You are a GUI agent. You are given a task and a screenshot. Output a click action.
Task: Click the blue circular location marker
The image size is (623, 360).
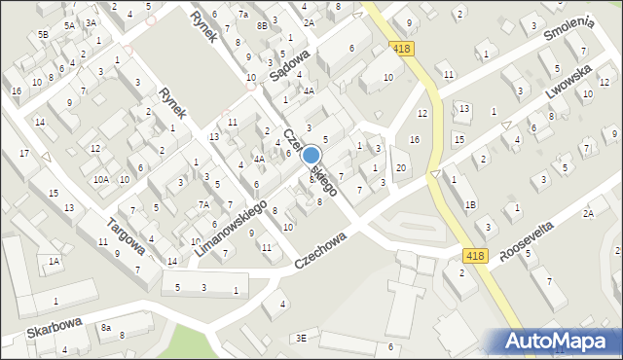[x=311, y=155]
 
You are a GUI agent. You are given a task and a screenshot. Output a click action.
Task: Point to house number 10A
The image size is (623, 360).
[x=101, y=179]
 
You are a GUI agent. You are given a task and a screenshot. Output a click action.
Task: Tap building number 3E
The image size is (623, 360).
[x=302, y=338]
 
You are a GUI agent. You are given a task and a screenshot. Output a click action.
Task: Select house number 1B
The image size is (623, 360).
[x=470, y=204]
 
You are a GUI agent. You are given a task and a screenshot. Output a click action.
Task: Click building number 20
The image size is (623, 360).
[x=401, y=169]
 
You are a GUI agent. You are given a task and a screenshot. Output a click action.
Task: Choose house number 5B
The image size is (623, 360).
[x=43, y=34]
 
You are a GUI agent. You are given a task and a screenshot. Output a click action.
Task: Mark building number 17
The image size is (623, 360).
[x=24, y=155]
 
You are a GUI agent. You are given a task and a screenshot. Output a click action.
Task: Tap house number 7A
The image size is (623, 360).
[x=203, y=204]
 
